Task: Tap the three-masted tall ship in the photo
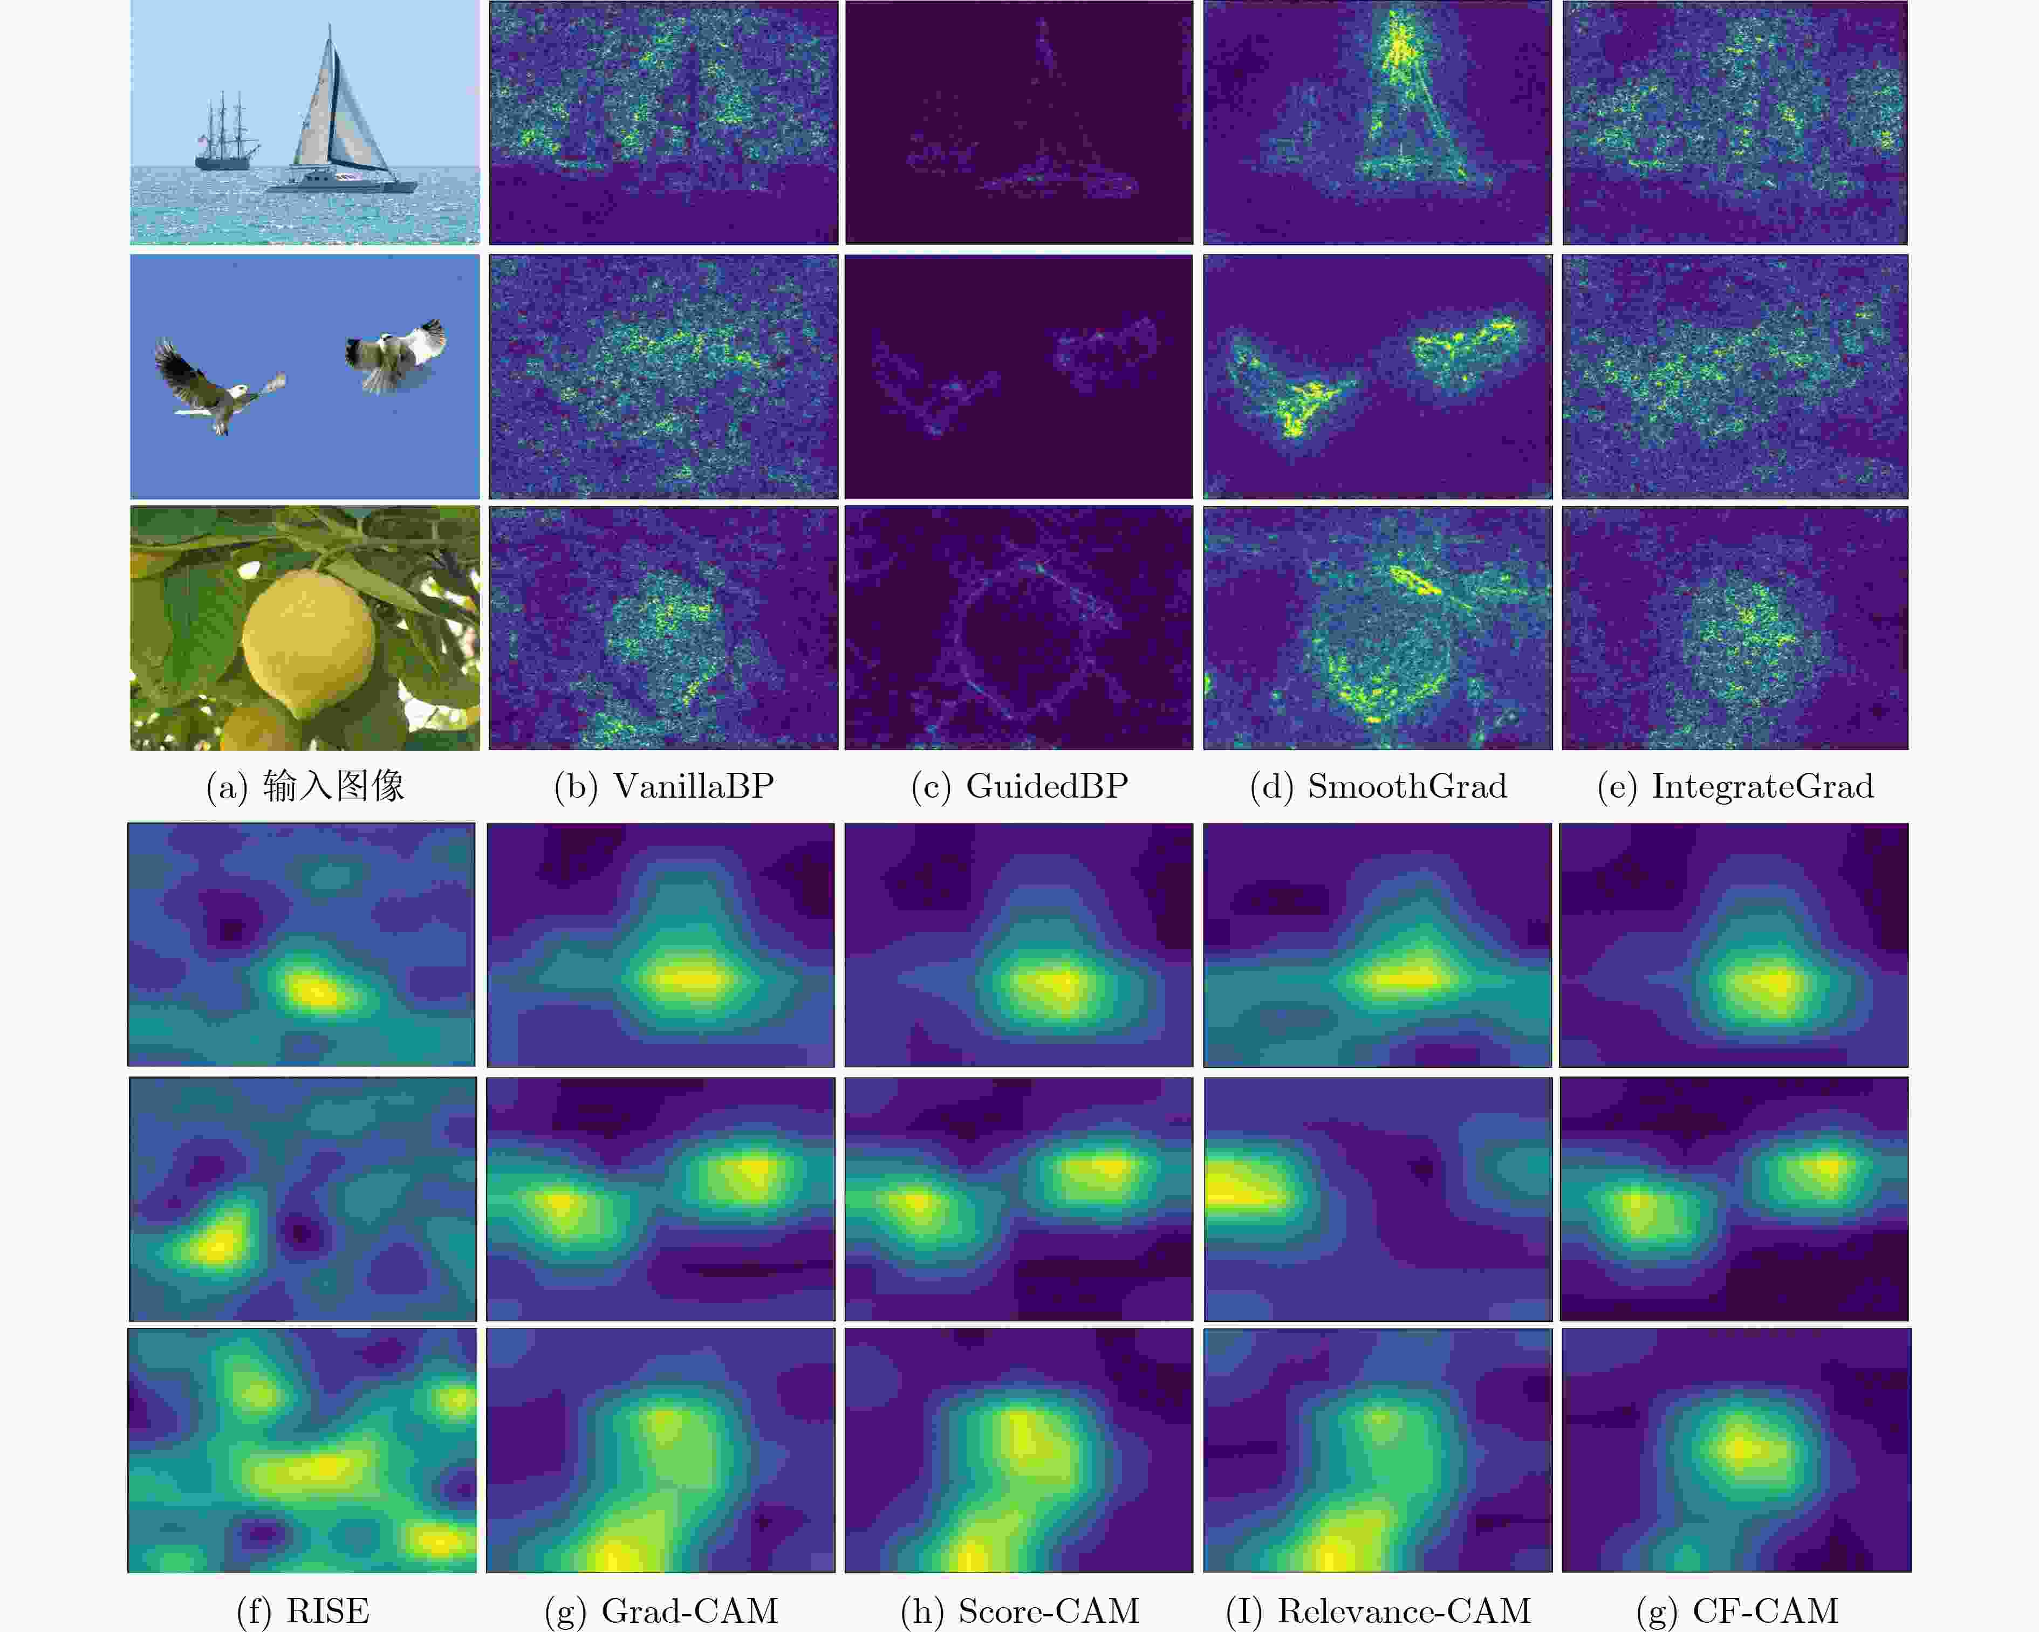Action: [x=227, y=132]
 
